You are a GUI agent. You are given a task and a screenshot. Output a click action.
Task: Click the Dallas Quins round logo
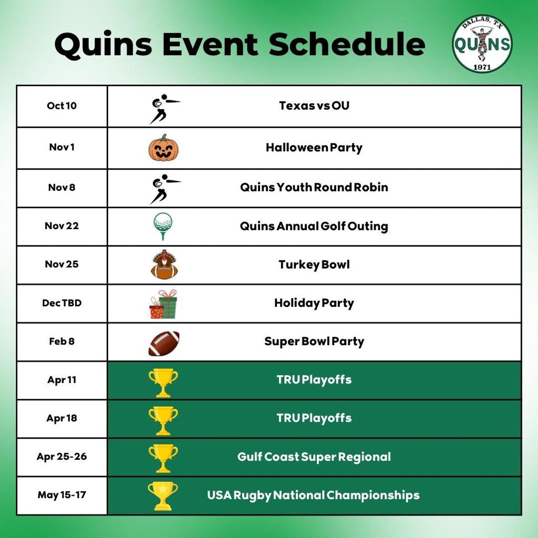482,43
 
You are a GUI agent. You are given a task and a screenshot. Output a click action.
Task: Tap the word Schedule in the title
347,44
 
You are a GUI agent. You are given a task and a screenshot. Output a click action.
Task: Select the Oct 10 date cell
62,106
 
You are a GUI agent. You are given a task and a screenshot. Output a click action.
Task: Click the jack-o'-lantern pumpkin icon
164,148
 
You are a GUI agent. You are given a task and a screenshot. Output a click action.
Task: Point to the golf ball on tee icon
163,226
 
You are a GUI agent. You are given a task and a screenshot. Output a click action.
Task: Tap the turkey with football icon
164,265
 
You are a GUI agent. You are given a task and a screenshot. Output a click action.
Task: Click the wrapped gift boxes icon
163,304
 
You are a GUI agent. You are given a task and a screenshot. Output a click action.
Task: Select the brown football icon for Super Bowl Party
164,343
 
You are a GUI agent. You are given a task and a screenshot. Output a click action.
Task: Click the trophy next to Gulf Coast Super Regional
163,458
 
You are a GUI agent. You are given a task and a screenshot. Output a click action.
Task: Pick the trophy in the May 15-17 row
163,496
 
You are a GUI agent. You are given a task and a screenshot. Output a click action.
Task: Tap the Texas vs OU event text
314,105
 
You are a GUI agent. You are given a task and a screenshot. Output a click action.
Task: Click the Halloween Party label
314,148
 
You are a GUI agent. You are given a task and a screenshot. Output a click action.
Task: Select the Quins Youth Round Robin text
314,188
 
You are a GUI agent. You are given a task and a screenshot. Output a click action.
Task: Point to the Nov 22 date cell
62,226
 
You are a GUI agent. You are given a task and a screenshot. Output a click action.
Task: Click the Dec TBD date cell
62,303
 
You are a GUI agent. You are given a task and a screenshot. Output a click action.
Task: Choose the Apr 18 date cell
62,419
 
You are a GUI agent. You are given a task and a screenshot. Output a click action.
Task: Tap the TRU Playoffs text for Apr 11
314,380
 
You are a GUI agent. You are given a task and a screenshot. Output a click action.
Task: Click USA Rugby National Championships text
313,495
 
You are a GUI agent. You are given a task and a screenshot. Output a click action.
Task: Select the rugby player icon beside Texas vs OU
164,109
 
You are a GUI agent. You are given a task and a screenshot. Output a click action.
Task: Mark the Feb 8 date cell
62,342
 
